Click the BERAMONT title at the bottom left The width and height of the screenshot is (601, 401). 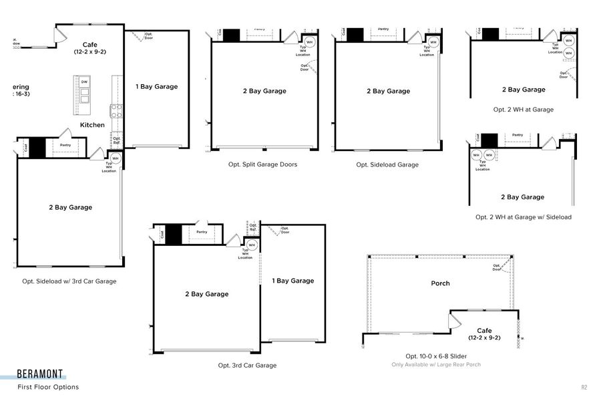coord(41,375)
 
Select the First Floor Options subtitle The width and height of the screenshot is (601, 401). coord(48,387)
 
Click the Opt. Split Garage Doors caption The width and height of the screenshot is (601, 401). coord(262,164)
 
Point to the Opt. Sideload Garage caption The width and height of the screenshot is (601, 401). coord(387,164)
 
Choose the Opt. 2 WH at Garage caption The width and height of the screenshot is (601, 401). coord(524,110)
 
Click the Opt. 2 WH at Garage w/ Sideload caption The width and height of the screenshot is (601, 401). coord(524,217)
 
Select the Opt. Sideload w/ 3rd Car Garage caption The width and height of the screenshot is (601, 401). coord(69,281)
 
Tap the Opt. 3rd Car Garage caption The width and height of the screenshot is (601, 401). coord(247,366)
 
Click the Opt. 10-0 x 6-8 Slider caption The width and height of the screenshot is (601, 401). coord(436,356)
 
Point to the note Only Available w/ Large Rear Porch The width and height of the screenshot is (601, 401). coord(436,365)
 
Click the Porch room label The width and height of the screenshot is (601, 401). coord(440,283)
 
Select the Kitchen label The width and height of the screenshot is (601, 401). coord(92,125)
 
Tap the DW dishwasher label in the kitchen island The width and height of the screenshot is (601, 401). coord(84,82)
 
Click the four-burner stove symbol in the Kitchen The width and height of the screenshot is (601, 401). coord(116,111)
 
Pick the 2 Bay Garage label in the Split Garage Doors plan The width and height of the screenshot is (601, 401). coord(264,91)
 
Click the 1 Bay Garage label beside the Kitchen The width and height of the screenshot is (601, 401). coord(157,86)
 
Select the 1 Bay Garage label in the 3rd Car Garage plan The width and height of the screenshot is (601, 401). coord(292,281)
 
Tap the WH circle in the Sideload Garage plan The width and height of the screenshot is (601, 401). coord(433,43)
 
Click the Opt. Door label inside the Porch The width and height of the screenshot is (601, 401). coord(497,267)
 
